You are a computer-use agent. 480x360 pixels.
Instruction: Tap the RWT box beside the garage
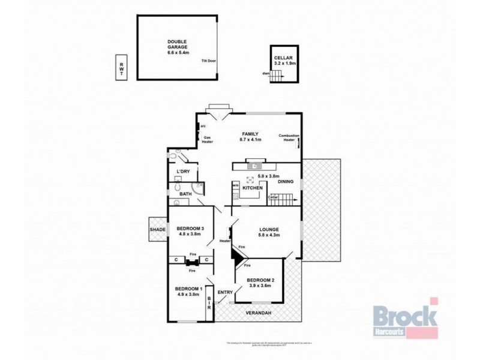121,67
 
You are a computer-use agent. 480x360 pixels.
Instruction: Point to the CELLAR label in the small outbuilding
283,58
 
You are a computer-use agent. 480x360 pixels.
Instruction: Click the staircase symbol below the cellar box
276,76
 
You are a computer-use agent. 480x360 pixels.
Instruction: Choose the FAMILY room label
250,134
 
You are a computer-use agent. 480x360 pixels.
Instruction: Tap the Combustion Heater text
289,138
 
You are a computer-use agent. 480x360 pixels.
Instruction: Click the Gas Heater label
208,139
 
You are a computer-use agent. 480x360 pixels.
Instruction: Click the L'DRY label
183,173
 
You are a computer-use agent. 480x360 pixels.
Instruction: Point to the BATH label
184,194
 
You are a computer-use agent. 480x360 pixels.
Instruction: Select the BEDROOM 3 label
190,229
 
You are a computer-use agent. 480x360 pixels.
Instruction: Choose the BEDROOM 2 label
260,280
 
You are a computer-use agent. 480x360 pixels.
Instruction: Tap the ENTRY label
225,292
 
